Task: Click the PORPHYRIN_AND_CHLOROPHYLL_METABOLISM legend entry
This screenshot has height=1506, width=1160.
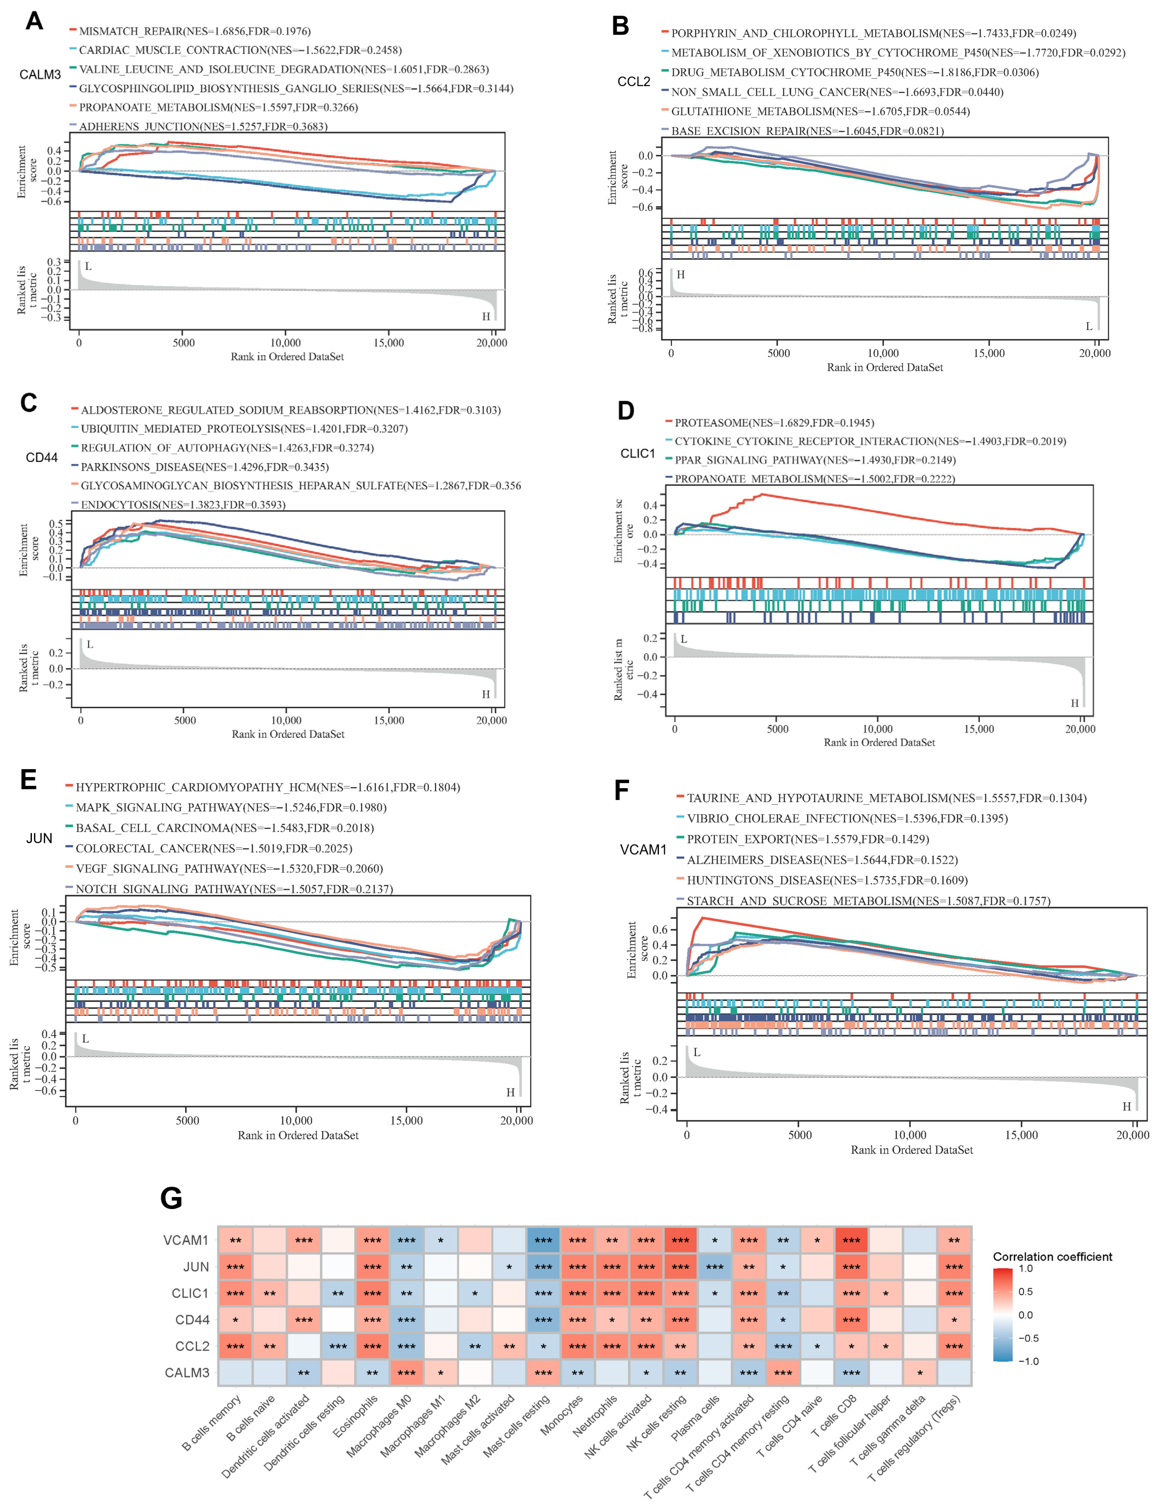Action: (872, 33)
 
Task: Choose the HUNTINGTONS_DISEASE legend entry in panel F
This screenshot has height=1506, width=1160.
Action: (826, 881)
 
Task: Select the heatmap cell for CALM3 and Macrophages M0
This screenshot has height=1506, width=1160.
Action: (406, 1373)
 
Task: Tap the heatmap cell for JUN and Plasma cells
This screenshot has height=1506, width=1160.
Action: (714, 1267)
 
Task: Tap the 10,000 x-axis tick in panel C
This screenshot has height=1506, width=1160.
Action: (286, 720)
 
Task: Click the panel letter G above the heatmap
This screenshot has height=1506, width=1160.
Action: (171, 1198)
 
